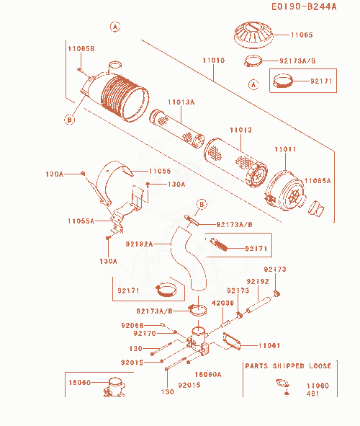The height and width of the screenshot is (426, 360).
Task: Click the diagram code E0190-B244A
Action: pos(304,6)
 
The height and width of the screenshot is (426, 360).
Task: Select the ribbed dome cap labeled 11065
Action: pos(253,35)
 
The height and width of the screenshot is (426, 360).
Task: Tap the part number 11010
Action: pos(214,61)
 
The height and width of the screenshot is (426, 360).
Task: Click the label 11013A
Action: pos(181,102)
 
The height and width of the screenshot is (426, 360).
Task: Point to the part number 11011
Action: pos(285,149)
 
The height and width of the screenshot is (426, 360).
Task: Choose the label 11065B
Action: pos(81,49)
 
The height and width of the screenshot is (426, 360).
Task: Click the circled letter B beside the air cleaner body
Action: pos(69,120)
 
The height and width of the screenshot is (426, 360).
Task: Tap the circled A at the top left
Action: pos(115,27)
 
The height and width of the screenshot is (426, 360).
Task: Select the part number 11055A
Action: pos(81,221)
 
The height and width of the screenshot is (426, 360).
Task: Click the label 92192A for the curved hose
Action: pos(139,244)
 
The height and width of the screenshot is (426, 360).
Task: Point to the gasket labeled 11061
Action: pos(231,341)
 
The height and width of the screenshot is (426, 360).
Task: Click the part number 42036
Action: pos(222,303)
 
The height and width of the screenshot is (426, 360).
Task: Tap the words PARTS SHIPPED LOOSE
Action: pos(288,366)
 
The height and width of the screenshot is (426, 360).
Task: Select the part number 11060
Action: pos(318,386)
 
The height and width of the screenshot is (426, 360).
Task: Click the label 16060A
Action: pos(208,375)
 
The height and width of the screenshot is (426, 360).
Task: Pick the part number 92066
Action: pos(132,326)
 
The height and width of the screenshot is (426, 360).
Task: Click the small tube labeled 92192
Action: pos(258,305)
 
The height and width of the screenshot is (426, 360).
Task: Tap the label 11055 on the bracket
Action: pos(160,171)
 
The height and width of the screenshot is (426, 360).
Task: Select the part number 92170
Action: pos(145,333)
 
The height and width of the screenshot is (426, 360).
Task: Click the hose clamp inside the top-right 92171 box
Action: pos(283,81)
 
